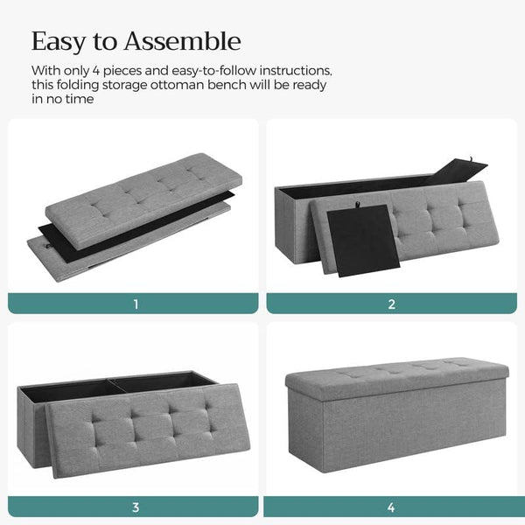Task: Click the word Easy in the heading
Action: click(59, 41)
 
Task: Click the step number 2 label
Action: click(391, 304)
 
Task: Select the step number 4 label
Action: click(391, 507)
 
